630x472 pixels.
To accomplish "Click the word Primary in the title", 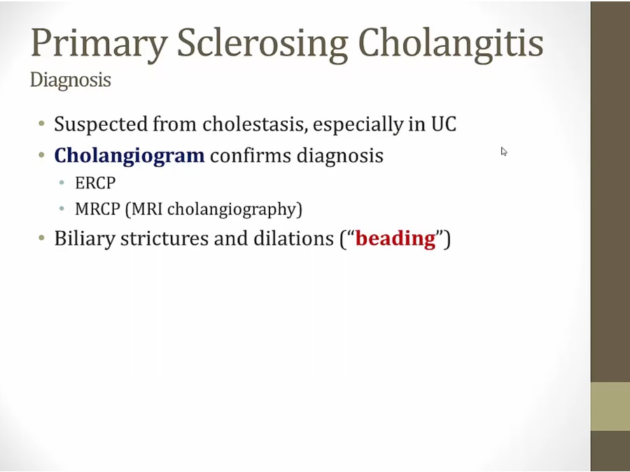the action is (x=99, y=43).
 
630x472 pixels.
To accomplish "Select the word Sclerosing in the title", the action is (x=262, y=43).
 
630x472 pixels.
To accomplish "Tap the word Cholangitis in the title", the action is (x=450, y=43).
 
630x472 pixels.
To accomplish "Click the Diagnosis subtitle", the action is (x=70, y=80).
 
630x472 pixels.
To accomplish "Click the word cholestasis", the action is (x=255, y=124).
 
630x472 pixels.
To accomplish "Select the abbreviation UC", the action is (x=444, y=124).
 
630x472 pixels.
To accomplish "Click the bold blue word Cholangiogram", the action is (x=129, y=156).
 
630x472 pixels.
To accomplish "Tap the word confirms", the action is (x=251, y=155).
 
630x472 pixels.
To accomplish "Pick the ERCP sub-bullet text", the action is (x=95, y=183).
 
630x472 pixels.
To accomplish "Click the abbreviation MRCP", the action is (x=97, y=209).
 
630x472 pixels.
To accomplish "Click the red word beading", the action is (x=395, y=238).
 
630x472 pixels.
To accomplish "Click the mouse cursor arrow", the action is (x=504, y=152).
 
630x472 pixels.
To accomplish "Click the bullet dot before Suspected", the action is (x=41, y=123).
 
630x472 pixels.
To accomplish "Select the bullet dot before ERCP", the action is (x=62, y=183).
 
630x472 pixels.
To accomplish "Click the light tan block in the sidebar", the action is (x=610, y=406).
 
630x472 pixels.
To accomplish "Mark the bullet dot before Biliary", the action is (x=41, y=238).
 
